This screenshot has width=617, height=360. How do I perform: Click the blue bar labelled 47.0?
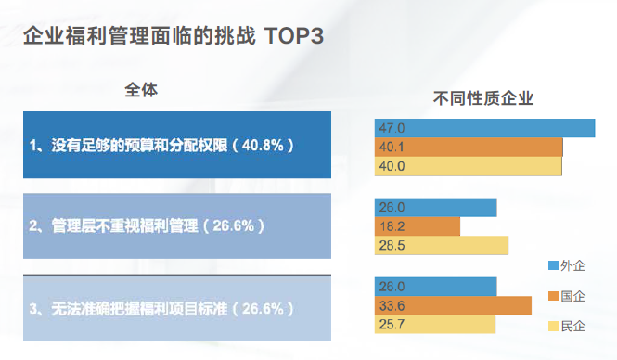click(x=484, y=128)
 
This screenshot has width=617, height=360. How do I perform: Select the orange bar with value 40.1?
click(x=469, y=147)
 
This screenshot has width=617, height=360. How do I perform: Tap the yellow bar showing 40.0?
click(x=469, y=166)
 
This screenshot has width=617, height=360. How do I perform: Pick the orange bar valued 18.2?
click(x=418, y=225)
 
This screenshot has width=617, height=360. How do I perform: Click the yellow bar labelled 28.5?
click(x=442, y=245)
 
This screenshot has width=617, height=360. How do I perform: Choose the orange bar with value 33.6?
click(x=453, y=305)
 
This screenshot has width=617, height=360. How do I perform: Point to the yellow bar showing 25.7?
click(x=435, y=325)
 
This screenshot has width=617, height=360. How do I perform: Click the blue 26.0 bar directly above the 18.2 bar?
click(x=435, y=207)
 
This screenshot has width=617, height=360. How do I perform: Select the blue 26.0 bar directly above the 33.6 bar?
click(x=435, y=287)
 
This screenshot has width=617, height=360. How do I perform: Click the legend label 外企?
click(x=573, y=266)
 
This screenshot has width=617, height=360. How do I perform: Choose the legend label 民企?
click(x=573, y=326)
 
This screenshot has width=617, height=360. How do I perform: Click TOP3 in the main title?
click(x=293, y=36)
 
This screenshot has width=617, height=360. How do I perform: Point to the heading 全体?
click(x=141, y=91)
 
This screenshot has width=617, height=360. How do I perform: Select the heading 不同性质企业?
click(x=485, y=99)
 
